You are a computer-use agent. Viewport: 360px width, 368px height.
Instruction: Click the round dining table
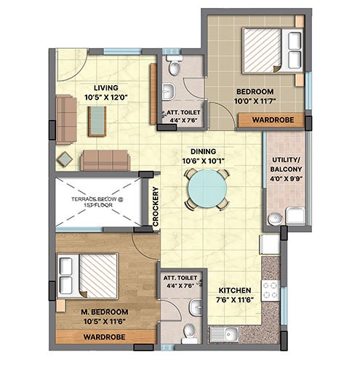[207, 188]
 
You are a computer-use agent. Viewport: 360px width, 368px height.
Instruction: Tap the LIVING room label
[106, 88]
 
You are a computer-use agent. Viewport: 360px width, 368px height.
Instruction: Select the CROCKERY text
[156, 207]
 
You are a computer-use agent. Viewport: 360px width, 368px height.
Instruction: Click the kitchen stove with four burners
[271, 290]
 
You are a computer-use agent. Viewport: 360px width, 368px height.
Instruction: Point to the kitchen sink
[223, 335]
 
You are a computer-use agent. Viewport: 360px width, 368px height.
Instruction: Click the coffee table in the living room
[97, 121]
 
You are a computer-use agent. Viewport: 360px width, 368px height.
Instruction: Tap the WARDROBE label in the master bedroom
[104, 337]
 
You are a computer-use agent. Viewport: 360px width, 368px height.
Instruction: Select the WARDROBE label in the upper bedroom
[273, 120]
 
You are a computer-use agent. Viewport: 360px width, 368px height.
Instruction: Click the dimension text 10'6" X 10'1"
[204, 161]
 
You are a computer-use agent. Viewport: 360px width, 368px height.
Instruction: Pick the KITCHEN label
[235, 290]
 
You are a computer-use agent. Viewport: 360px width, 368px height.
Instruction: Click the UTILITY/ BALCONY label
[286, 164]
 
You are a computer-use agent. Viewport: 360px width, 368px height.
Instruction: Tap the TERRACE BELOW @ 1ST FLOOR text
[97, 202]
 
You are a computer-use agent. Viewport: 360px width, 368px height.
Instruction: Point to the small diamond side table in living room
[65, 159]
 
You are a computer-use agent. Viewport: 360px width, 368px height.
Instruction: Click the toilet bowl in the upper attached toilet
[174, 66]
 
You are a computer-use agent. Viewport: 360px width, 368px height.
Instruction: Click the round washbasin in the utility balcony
[275, 218]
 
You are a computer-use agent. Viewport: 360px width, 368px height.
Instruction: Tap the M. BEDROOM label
[105, 312]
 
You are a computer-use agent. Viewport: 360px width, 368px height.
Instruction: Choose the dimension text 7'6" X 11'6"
[235, 300]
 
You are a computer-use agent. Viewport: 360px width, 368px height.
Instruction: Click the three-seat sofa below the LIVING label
[105, 160]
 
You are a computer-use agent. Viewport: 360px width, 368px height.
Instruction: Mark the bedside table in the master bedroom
[60, 306]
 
